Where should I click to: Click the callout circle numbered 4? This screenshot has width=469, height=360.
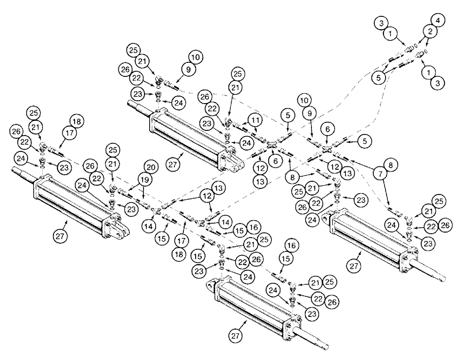[439, 21]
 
